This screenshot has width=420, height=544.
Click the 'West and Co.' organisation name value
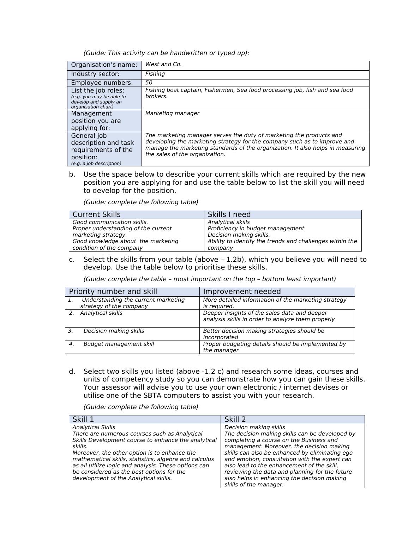[x=163, y=64]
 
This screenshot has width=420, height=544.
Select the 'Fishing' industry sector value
[x=155, y=74]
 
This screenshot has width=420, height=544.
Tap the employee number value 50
[x=149, y=83]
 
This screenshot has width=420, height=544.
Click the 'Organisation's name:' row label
[x=104, y=65]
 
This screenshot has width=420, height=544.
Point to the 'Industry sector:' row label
[x=95, y=74]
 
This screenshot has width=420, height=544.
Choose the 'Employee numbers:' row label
[x=102, y=83]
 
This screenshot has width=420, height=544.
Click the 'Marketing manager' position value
[x=172, y=113]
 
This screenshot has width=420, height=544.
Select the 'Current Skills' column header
[x=96, y=214]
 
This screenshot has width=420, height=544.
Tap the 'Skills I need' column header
[x=229, y=214]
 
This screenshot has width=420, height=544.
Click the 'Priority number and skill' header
[x=113, y=291]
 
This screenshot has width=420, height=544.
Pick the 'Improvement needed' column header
[x=242, y=291]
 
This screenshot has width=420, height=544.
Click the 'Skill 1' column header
[x=83, y=419]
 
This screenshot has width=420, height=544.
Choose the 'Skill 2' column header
[x=235, y=419]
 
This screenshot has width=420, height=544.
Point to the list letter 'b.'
[x=72, y=175]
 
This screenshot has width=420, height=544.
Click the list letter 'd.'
[x=72, y=371]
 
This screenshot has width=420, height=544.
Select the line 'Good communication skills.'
[x=110, y=222]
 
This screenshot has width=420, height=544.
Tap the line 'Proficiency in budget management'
[x=256, y=229]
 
